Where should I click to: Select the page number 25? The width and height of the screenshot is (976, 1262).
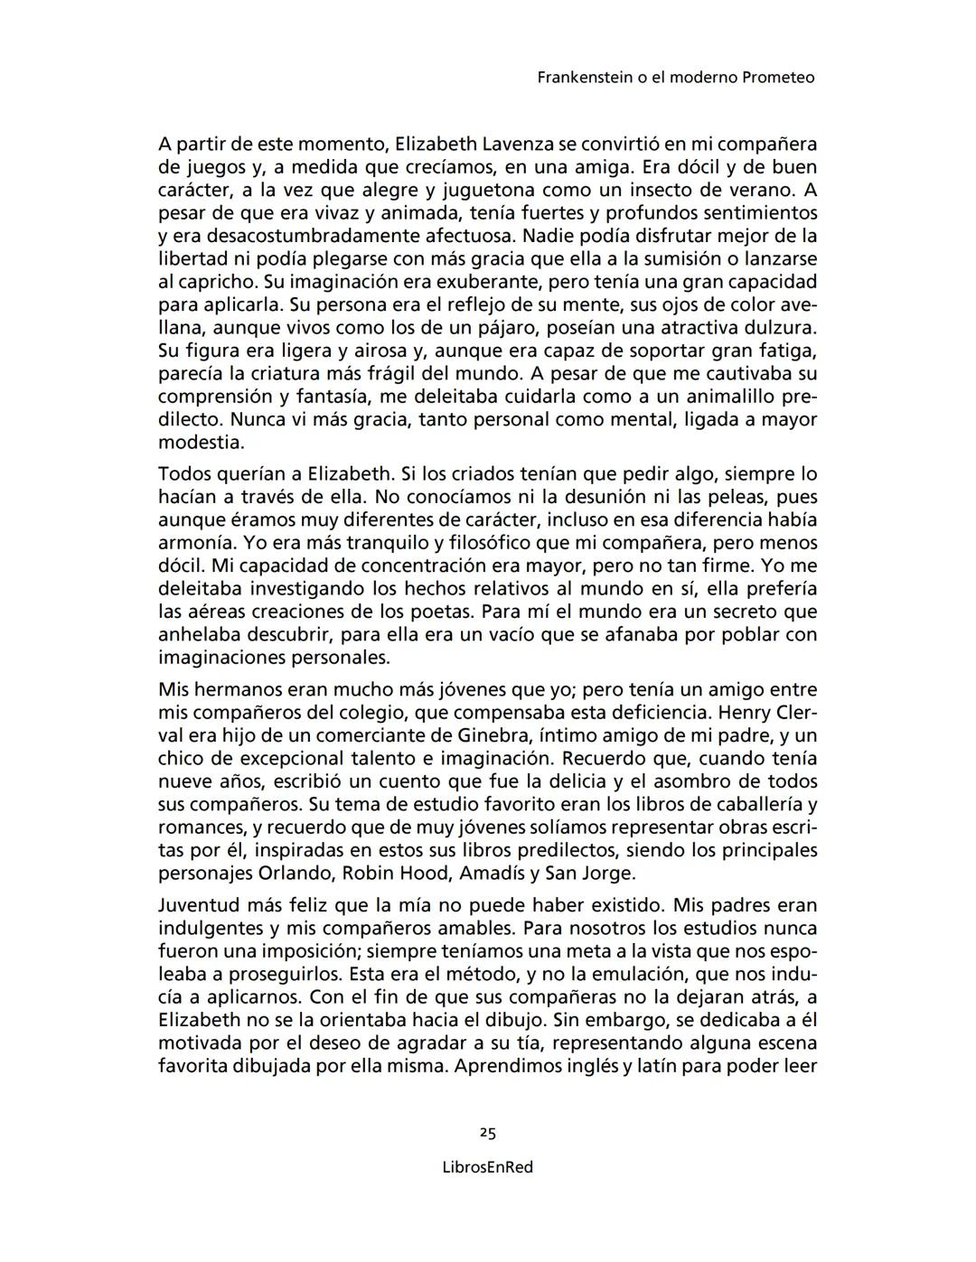[488, 1133]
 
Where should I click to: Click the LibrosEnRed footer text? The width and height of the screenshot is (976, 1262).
[488, 1167]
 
